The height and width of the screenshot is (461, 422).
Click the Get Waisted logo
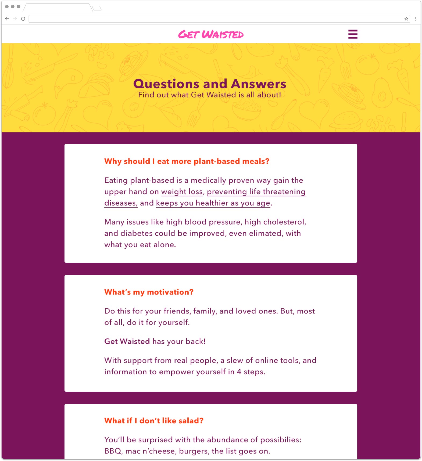click(211, 34)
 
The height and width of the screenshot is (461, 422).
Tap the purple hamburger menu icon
click(353, 34)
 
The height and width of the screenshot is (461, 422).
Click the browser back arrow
click(7, 19)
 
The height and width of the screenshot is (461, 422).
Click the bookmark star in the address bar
click(406, 19)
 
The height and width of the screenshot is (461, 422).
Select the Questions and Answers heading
click(210, 84)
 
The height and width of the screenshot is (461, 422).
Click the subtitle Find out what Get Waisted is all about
click(210, 95)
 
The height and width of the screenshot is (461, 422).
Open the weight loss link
click(182, 192)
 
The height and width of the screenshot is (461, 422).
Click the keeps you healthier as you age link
click(213, 203)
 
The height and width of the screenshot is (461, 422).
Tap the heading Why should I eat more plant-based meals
click(187, 161)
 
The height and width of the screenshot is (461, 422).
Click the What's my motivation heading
click(149, 292)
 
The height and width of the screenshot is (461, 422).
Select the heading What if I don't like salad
click(154, 421)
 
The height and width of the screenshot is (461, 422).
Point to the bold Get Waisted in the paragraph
click(127, 341)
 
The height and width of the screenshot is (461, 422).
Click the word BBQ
click(113, 451)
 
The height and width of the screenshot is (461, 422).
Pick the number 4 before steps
click(239, 372)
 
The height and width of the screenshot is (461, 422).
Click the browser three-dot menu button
click(415, 19)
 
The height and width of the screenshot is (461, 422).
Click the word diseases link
click(120, 203)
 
